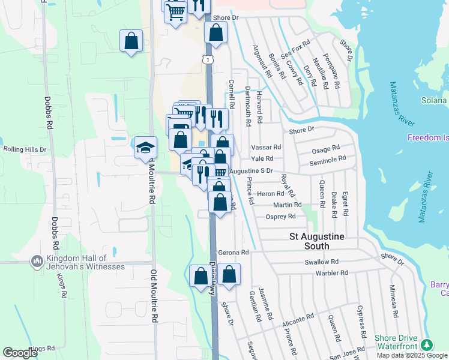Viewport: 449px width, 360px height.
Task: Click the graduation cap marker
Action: coord(145,148)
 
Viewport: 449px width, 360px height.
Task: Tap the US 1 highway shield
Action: coord(207,60)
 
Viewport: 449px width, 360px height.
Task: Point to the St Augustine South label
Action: coord(317,241)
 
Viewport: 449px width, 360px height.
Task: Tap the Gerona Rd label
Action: coord(233,253)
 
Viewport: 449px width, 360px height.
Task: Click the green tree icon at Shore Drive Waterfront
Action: coord(427,345)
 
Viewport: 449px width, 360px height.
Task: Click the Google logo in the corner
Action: coord(20,353)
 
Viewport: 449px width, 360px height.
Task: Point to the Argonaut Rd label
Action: coord(262,62)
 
